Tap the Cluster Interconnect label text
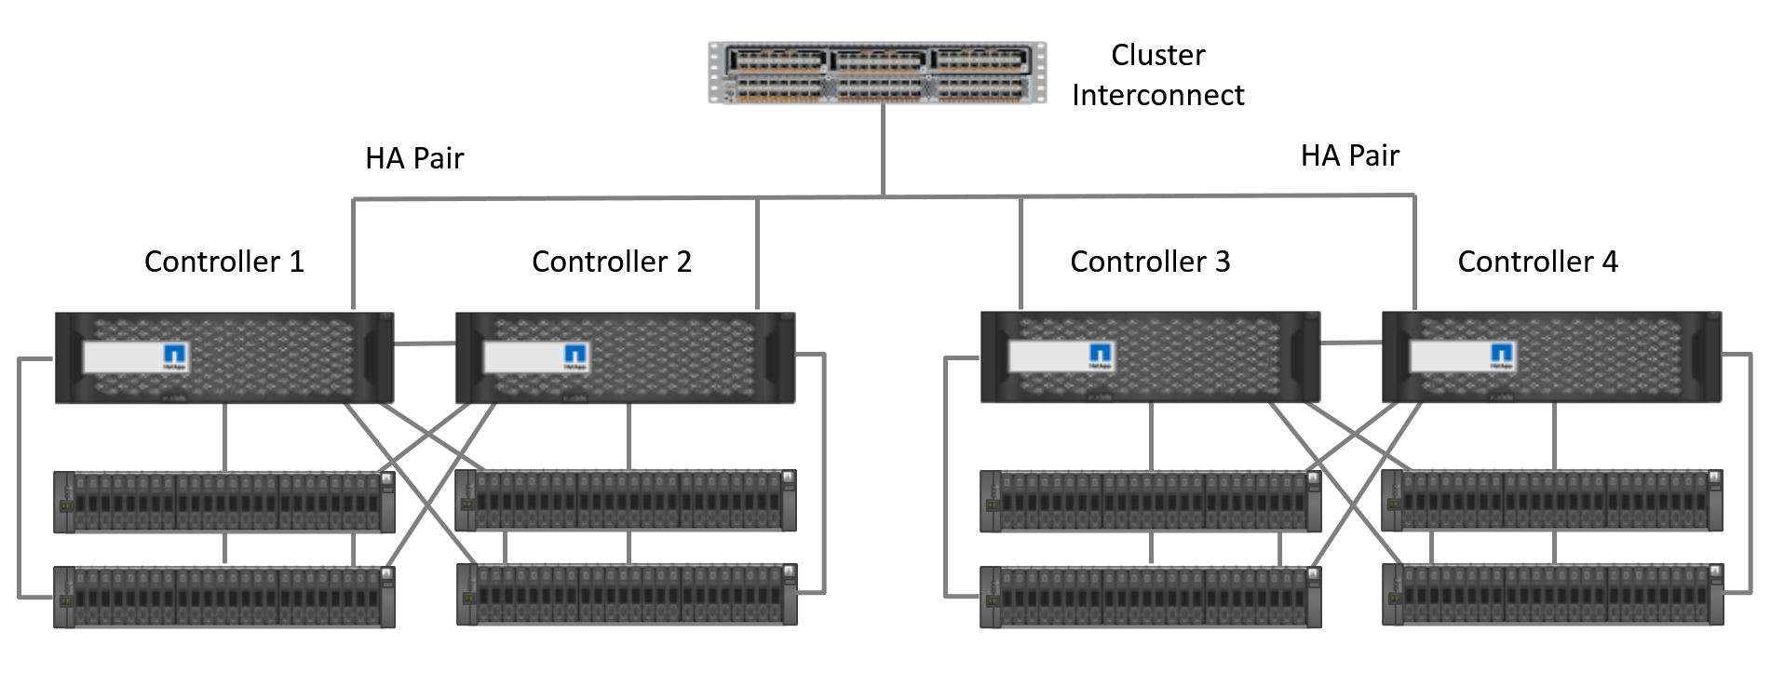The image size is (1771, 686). pos(1157,74)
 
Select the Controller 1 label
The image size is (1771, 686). pos(224,262)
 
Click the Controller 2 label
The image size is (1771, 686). pos(612,262)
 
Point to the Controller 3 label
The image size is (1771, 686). pos(1150,262)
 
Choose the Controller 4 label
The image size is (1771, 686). pos(1537,262)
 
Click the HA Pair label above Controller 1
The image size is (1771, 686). pos(414,158)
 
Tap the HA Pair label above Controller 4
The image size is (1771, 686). pos(1349,155)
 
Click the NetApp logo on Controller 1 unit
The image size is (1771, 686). pos(176,356)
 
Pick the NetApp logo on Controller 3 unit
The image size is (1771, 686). pos(1102,356)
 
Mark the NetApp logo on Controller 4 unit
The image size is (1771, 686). pos(1502,356)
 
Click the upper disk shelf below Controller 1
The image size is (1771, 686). pos(224,502)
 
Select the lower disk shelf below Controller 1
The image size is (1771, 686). pos(224,597)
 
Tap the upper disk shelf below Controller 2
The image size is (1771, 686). pos(626,500)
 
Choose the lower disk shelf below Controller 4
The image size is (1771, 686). pos(1552,594)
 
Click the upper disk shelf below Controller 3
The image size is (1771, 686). pos(1150,502)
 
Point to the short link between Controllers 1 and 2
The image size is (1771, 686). pos(425,344)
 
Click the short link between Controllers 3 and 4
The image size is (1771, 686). pos(1351,343)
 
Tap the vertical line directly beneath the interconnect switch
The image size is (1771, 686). pos(883,149)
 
